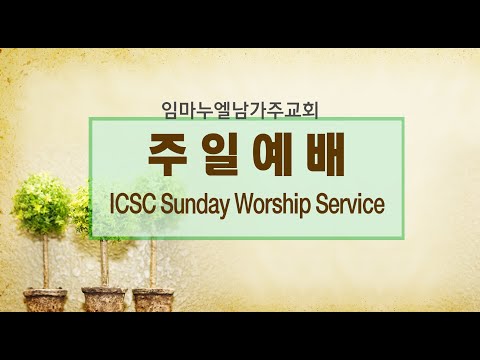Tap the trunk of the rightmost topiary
152,264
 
